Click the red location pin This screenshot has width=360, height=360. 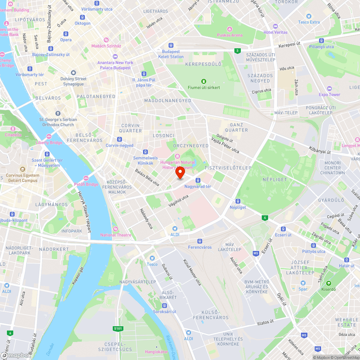pyautogui.click(x=180, y=172)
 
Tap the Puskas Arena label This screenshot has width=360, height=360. pyautogui.click(x=230, y=35)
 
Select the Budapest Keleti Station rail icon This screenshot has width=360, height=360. pyautogui.click(x=171, y=46)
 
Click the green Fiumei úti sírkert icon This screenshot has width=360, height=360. pyautogui.click(x=204, y=81)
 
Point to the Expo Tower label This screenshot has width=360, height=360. pyautogui.click(x=329, y=95)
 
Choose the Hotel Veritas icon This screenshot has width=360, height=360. pyautogui.click(x=275, y=26)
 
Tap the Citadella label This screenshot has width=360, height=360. pyautogui.click(x=13, y=135)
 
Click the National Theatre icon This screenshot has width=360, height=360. pyautogui.click(x=115, y=229)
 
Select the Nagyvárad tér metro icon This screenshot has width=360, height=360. pyautogui.click(x=198, y=180)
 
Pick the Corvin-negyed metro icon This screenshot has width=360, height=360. pyautogui.click(x=119, y=139)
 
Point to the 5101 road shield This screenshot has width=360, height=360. pyautogui.click(x=118, y=328)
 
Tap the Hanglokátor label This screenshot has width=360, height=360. pyautogui.click(x=156, y=351)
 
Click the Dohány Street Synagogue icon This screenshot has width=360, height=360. pyautogui.click(x=73, y=73)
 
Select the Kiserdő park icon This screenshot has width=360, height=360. pyautogui.click(x=328, y=283)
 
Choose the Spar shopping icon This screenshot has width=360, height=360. pyautogui.click(x=303, y=283)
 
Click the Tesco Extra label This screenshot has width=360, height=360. pyautogui.click(x=309, y=22)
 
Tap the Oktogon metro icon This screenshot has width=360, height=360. pyautogui.click(x=83, y=17)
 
